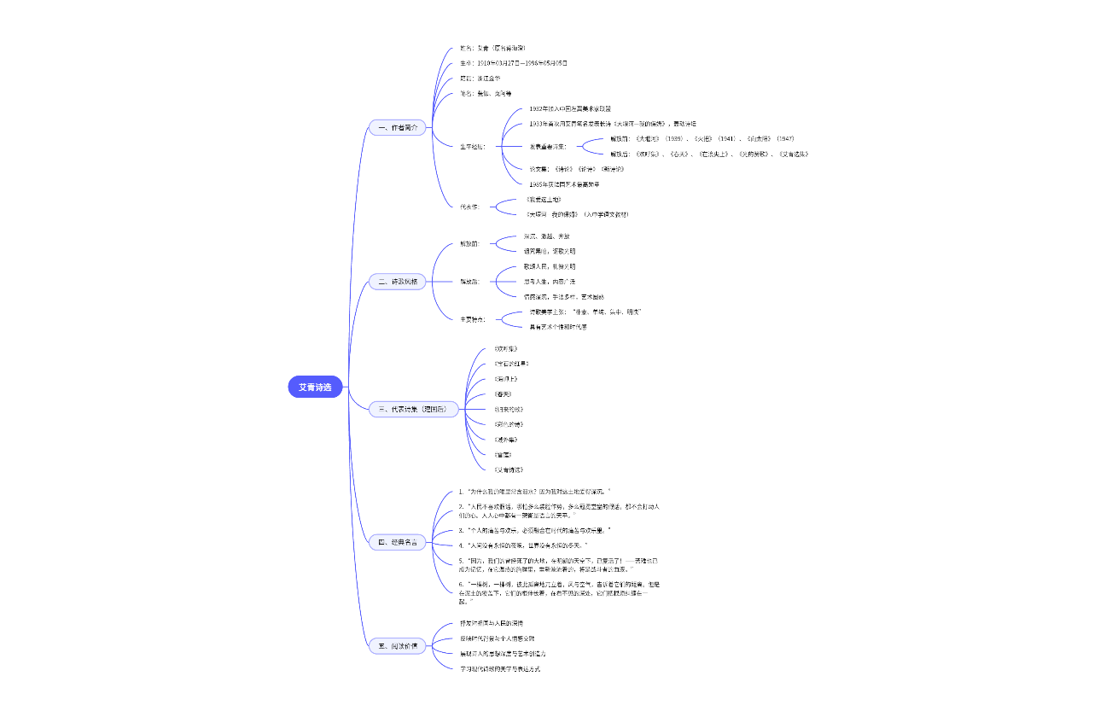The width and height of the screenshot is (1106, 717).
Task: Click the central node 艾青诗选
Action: (x=315, y=388)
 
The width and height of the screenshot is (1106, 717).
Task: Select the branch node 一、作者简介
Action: (x=398, y=127)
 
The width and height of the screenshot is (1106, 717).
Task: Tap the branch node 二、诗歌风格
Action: (x=398, y=281)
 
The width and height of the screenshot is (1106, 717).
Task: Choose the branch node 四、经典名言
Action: (x=398, y=542)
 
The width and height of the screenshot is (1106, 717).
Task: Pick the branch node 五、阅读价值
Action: (x=398, y=646)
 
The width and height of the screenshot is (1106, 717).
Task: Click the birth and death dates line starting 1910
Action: (x=513, y=63)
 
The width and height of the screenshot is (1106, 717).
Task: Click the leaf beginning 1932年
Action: (x=570, y=109)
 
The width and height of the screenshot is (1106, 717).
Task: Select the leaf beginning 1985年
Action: (x=564, y=184)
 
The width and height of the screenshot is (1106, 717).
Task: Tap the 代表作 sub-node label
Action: (x=470, y=207)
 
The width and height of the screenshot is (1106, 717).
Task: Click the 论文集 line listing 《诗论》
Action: (x=577, y=169)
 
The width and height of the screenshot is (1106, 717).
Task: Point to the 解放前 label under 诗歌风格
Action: (x=470, y=243)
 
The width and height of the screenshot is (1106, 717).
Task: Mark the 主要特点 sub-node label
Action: (x=472, y=319)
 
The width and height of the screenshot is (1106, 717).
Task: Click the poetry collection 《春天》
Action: (x=504, y=394)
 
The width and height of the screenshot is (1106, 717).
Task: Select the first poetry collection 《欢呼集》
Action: (x=505, y=349)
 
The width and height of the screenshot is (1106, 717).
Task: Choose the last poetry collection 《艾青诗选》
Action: (x=509, y=469)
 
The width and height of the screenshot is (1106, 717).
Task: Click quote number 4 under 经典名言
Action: (x=522, y=545)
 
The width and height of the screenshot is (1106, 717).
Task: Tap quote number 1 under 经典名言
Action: (x=534, y=492)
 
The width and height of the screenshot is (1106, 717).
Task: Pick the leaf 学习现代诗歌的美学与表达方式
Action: (x=500, y=668)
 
